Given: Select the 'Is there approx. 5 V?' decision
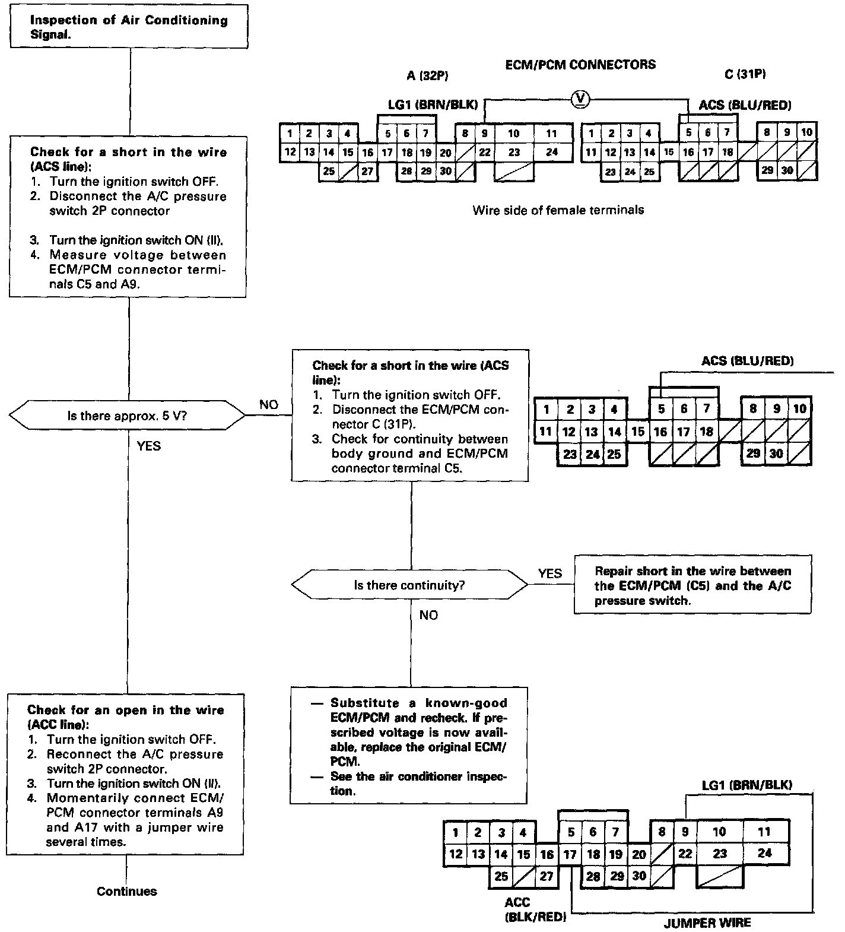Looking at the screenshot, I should [x=128, y=416].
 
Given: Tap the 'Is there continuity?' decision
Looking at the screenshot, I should [x=409, y=585].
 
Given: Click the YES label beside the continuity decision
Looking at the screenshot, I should [x=549, y=573].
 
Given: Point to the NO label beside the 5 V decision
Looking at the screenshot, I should [x=269, y=404].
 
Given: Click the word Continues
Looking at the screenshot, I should [x=127, y=891].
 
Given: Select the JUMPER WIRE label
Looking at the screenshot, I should [x=707, y=923].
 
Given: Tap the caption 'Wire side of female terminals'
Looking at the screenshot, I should [x=558, y=210].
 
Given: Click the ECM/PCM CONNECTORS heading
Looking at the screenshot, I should [x=580, y=65].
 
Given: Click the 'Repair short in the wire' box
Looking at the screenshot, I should [x=692, y=585].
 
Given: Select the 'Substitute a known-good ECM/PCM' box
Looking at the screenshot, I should [x=409, y=746].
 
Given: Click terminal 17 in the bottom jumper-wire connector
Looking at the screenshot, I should [x=570, y=855].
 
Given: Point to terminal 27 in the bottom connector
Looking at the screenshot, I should [x=547, y=876].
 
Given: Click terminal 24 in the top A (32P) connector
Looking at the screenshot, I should [x=552, y=152].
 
